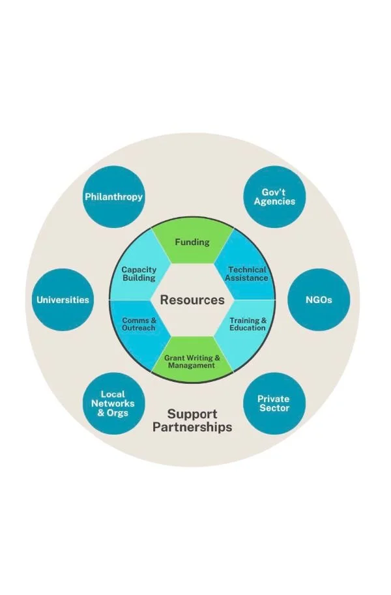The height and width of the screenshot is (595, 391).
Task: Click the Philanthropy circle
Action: click(x=113, y=196)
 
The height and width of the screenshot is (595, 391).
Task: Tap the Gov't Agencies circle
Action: click(x=274, y=196)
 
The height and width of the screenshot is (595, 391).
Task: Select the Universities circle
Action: click(x=63, y=300)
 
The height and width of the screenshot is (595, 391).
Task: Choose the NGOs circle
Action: click(x=319, y=300)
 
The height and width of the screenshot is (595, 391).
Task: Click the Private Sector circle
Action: click(x=274, y=403)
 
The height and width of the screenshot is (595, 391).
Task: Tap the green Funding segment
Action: click(x=192, y=243)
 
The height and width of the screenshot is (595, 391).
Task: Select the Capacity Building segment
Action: click(x=139, y=274)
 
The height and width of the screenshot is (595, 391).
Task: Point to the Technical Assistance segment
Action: click(x=247, y=274)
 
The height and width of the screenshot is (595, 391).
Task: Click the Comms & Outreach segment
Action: click(x=139, y=324)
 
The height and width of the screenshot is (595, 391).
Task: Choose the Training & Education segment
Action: click(x=247, y=324)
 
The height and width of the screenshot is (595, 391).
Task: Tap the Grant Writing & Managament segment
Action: click(x=192, y=361)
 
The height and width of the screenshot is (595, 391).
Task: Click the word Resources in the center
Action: click(x=192, y=300)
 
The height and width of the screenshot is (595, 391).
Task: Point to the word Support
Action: click(x=192, y=414)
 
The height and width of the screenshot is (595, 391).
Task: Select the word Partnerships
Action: click(x=192, y=428)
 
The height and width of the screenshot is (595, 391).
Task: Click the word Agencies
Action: click(x=274, y=201)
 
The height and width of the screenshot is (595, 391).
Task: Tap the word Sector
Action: click(x=274, y=408)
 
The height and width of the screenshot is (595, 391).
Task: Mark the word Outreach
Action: click(x=139, y=328)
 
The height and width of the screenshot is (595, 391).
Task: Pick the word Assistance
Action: click(x=247, y=278)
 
